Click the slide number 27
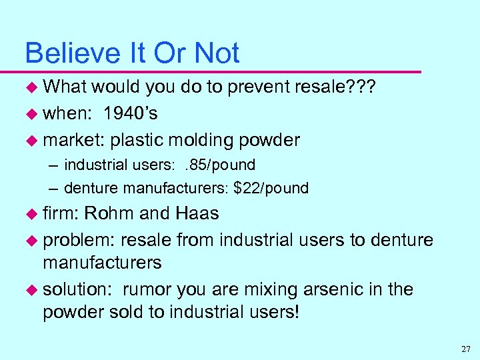pos(465,349)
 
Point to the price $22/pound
pos(271,189)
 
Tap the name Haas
pos(197,213)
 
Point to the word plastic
pos(138,140)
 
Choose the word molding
pos(199,140)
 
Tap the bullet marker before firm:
pos(31,214)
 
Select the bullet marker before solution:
pos(31,290)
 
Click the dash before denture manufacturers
pos(55,189)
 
